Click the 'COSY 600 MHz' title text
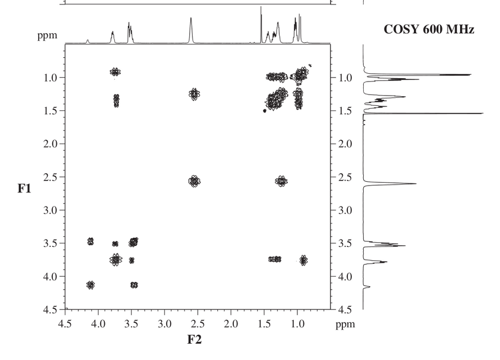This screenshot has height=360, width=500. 428,29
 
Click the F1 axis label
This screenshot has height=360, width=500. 24,188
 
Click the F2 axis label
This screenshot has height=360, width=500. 194,339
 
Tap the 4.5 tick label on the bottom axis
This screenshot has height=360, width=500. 65,323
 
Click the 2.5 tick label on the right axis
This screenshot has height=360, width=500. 345,177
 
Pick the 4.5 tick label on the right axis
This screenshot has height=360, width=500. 345,310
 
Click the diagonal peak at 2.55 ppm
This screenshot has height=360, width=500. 194,181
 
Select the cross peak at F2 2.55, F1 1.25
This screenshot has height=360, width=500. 194,94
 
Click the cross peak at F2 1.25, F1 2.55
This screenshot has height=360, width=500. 281,181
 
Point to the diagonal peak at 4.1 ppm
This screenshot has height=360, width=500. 91,285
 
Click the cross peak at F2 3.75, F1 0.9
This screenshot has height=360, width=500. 115,71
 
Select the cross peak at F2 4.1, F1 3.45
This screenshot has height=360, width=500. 91,241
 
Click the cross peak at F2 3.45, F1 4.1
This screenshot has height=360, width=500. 134,285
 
